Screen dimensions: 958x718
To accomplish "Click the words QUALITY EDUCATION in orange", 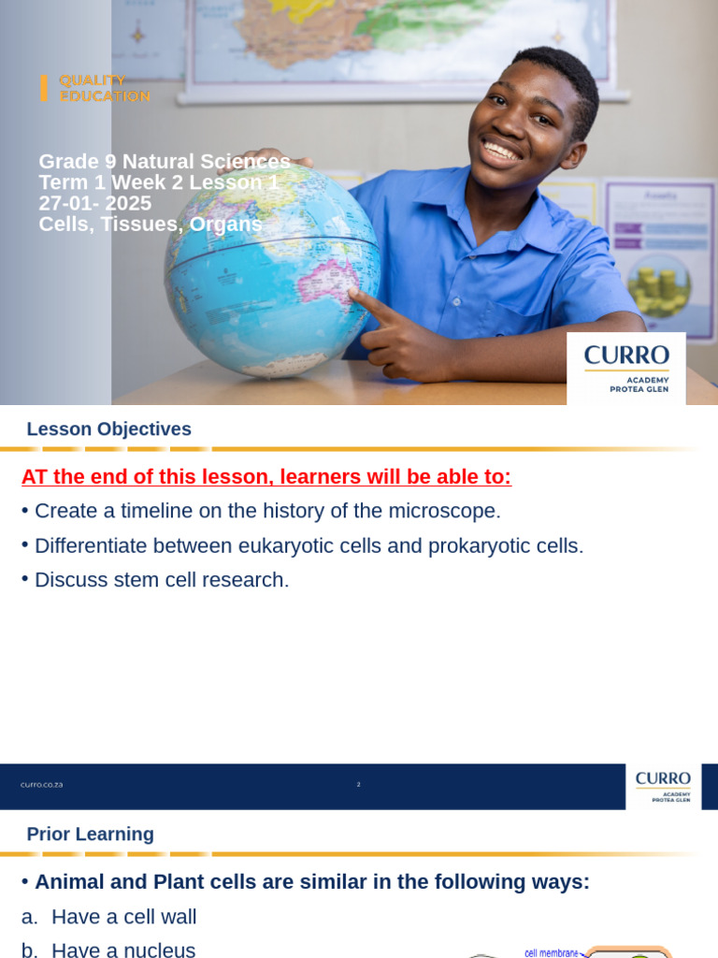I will click(x=104, y=88).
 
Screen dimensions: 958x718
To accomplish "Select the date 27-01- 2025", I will click(x=94, y=204).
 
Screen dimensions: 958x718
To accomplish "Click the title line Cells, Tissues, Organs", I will click(x=151, y=225).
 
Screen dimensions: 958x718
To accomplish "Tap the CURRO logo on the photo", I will click(x=626, y=366).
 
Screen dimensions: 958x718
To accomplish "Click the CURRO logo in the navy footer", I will click(x=663, y=785).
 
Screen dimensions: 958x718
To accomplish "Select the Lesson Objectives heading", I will click(x=108, y=429).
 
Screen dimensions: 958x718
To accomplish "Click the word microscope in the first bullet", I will click(x=449, y=511).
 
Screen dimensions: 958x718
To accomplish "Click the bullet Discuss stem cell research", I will click(x=162, y=580).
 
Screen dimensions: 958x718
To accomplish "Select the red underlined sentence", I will click(x=266, y=477).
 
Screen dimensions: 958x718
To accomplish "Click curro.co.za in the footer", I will click(x=42, y=785).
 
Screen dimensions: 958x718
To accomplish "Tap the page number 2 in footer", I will click(x=358, y=785).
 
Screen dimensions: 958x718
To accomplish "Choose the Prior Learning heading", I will click(x=90, y=835).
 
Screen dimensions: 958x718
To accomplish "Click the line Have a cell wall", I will click(x=123, y=917).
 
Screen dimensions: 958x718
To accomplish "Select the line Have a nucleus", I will click(x=123, y=951).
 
